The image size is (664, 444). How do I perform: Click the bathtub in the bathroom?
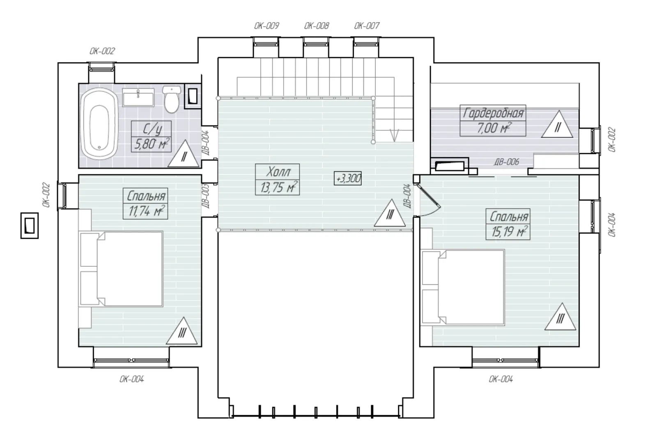pyautogui.click(x=99, y=123)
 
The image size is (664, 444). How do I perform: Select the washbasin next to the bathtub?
pyautogui.click(x=138, y=97)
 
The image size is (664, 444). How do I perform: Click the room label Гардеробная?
pyautogui.click(x=493, y=113)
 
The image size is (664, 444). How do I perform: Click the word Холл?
pyautogui.click(x=278, y=172)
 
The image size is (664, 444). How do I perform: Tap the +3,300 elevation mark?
pyautogui.click(x=348, y=178)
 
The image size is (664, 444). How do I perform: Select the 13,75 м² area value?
pyautogui.click(x=278, y=187)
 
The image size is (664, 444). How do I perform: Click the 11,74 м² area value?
pyautogui.click(x=146, y=212)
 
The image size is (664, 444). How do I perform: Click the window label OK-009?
pyautogui.click(x=267, y=26)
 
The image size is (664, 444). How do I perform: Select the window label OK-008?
pyautogui.click(x=317, y=26)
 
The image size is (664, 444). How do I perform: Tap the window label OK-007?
pyautogui.click(x=367, y=26)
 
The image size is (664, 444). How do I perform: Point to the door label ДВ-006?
pyautogui.click(x=507, y=162)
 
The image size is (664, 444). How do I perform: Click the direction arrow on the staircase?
pyautogui.click(x=394, y=135)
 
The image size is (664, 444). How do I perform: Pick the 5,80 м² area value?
pyautogui.click(x=151, y=145)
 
